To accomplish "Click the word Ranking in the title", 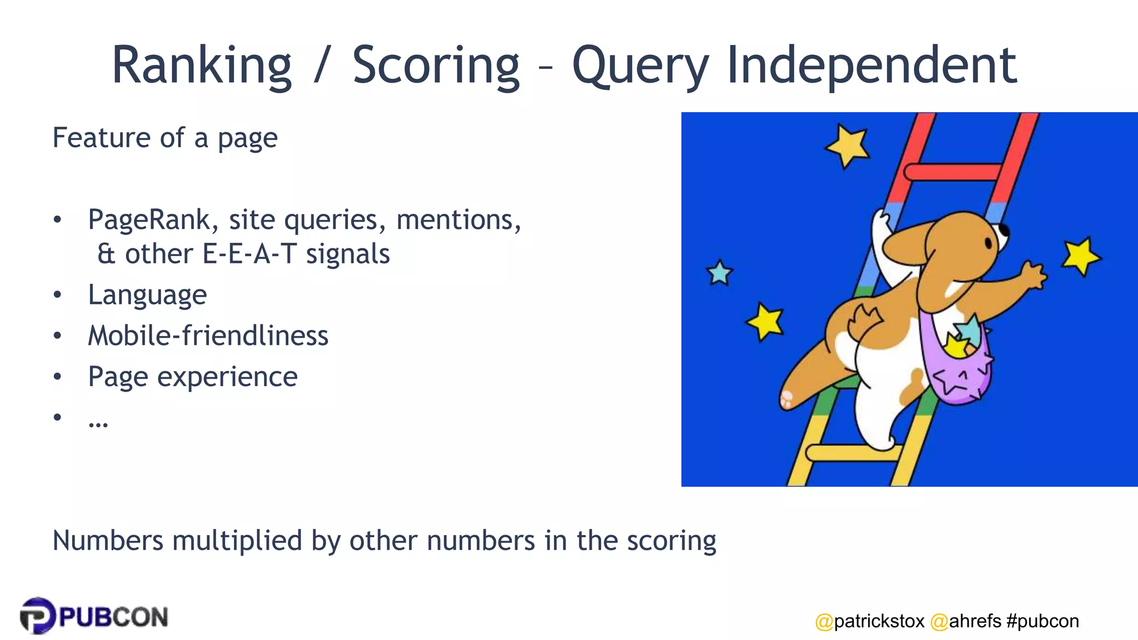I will [x=201, y=66].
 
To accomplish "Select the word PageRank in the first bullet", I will [x=149, y=219].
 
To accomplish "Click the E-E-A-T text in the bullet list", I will [x=249, y=254].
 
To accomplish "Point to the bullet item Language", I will [x=147, y=294].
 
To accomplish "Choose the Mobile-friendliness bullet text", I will [x=208, y=336].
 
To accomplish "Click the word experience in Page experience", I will [x=227, y=377].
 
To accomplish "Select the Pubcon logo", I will [x=93, y=616].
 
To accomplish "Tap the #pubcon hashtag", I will [x=1042, y=621].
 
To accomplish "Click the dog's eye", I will [x=989, y=243].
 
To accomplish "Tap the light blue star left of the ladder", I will [x=720, y=273].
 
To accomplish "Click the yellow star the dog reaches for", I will [x=1080, y=256].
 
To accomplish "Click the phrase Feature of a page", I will [x=165, y=138].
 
